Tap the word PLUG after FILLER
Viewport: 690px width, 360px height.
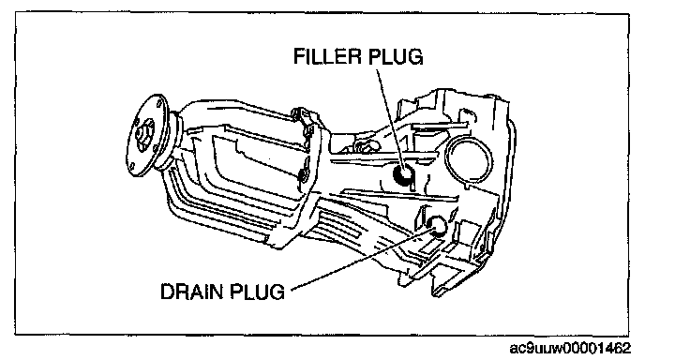[x=396, y=57]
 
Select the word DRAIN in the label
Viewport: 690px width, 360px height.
[x=192, y=292]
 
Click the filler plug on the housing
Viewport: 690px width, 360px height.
[x=402, y=173]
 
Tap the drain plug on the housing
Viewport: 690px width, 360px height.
[x=437, y=225]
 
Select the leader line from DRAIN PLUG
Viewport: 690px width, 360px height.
[x=361, y=259]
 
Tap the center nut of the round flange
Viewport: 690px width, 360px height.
[x=142, y=133]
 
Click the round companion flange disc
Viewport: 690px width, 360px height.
[x=146, y=133]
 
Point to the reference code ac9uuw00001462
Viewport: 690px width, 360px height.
[x=570, y=348]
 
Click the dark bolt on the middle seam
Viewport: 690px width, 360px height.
[x=303, y=175]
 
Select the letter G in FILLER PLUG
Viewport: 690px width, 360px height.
[x=415, y=57]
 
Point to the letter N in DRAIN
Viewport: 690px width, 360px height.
[x=217, y=292]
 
